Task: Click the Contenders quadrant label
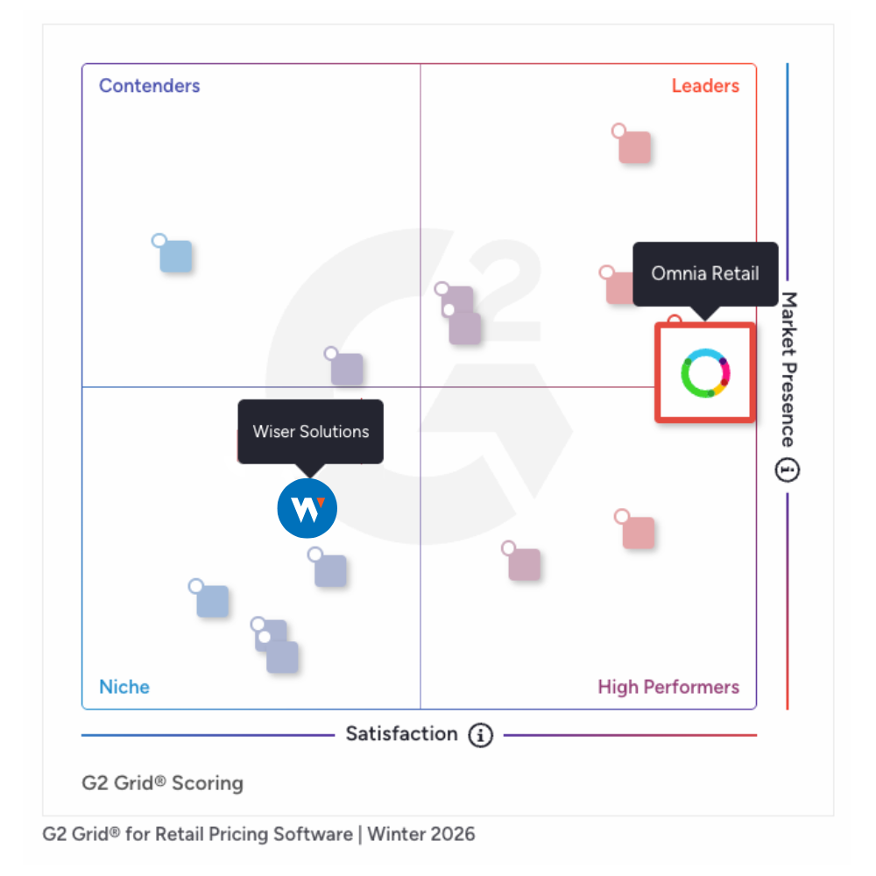coord(149,86)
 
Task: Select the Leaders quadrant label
coord(705,86)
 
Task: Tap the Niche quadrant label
coord(124,687)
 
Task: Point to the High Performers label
coord(668,687)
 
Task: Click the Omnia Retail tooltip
coord(705,273)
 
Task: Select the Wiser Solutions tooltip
coord(311,431)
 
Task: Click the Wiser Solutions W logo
coord(307,507)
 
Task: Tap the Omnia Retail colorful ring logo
coord(705,372)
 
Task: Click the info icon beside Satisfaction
coord(480,735)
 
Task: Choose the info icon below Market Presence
coord(788,470)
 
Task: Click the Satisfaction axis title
coord(401,734)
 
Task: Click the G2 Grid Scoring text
coord(162,782)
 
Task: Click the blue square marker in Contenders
coord(175,256)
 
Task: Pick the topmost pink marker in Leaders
coord(634,146)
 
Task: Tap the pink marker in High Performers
coord(638,533)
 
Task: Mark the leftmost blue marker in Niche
coord(212,601)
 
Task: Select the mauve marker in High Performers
coord(524,564)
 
